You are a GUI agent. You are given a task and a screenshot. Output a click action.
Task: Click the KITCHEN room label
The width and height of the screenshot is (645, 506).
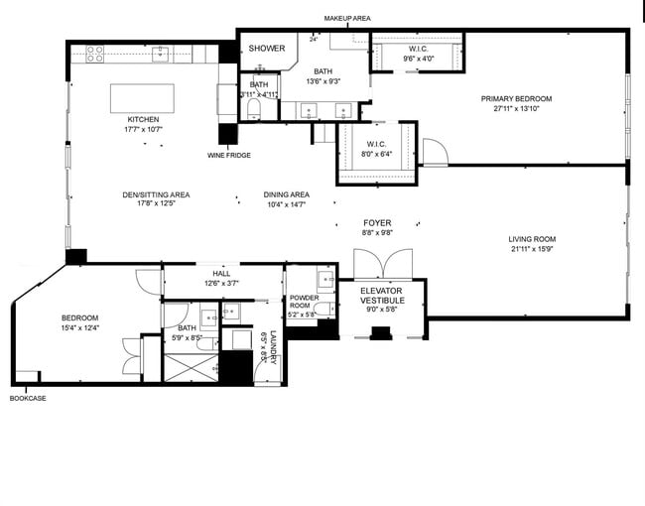[x=142, y=119]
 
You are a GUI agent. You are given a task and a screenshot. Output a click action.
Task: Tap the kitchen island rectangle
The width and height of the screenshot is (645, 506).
[x=142, y=98]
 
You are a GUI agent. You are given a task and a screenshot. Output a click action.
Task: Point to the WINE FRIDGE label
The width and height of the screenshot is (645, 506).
[x=228, y=156]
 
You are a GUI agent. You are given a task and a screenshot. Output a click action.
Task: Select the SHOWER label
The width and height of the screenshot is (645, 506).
[x=266, y=48]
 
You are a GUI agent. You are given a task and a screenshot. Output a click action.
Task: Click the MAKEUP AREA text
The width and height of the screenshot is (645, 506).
[x=347, y=19]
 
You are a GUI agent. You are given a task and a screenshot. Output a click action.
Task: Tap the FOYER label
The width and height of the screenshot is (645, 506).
[x=377, y=223]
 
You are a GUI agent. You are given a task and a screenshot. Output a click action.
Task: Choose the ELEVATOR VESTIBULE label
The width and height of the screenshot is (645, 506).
[x=381, y=296]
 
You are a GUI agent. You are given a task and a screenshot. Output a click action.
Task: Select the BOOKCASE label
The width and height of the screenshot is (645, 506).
[x=28, y=399]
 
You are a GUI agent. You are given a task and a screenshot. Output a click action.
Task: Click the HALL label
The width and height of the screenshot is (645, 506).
[x=221, y=274]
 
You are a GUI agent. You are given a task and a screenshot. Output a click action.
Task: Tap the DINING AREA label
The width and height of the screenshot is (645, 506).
[x=287, y=194]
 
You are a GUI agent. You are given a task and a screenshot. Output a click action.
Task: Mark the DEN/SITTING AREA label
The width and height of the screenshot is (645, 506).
[x=156, y=194]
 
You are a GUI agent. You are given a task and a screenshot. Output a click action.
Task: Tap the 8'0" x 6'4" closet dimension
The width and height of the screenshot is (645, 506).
[x=376, y=154]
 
